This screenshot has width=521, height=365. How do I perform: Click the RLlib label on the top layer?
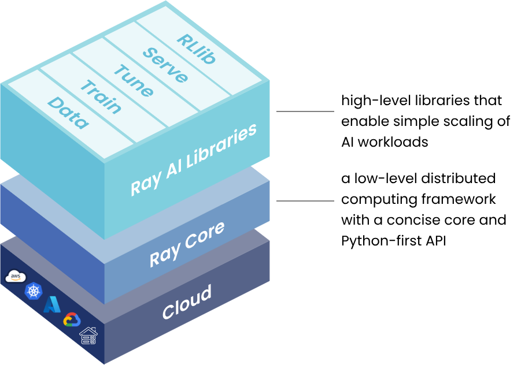point(197,49)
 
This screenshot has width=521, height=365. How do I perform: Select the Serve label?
point(165,65)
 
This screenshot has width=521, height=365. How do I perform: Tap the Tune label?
point(134,81)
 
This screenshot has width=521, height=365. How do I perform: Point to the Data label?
point(68,113)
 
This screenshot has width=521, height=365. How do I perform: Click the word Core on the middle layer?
point(205,236)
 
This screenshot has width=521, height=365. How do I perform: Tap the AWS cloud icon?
point(16,277)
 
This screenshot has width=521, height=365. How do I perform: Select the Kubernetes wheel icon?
point(34,290)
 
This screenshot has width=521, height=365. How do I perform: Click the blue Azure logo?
point(53,304)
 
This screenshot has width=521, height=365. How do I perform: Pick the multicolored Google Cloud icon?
point(72,319)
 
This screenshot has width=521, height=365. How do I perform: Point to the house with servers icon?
point(88,336)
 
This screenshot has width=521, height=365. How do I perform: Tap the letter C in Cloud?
point(168,312)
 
